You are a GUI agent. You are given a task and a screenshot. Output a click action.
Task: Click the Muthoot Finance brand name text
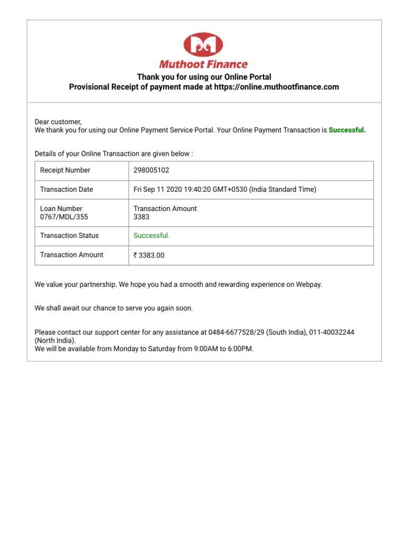click(x=204, y=65)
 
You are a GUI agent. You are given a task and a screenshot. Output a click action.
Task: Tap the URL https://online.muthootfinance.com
click(x=276, y=87)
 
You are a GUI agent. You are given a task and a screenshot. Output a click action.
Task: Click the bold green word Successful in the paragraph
click(x=347, y=130)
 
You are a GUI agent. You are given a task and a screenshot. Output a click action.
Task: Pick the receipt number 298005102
click(x=151, y=171)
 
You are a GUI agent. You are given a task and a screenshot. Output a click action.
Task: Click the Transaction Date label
click(x=66, y=190)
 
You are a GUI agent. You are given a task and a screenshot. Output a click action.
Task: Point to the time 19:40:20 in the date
click(x=198, y=190)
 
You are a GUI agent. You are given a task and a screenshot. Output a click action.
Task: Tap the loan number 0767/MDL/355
click(x=64, y=217)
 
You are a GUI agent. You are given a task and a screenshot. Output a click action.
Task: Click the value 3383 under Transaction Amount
click(x=141, y=217)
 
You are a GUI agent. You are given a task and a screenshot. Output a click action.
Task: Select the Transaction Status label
click(x=69, y=236)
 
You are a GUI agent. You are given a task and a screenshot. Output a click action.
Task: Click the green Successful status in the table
click(x=151, y=236)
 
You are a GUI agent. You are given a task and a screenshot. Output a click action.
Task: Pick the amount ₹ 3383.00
click(x=149, y=255)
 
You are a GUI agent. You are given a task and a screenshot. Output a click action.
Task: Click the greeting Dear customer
click(x=58, y=122)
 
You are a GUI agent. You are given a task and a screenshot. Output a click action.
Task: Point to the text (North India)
click(x=55, y=341)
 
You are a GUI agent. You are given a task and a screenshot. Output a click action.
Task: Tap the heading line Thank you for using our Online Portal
click(x=204, y=77)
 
